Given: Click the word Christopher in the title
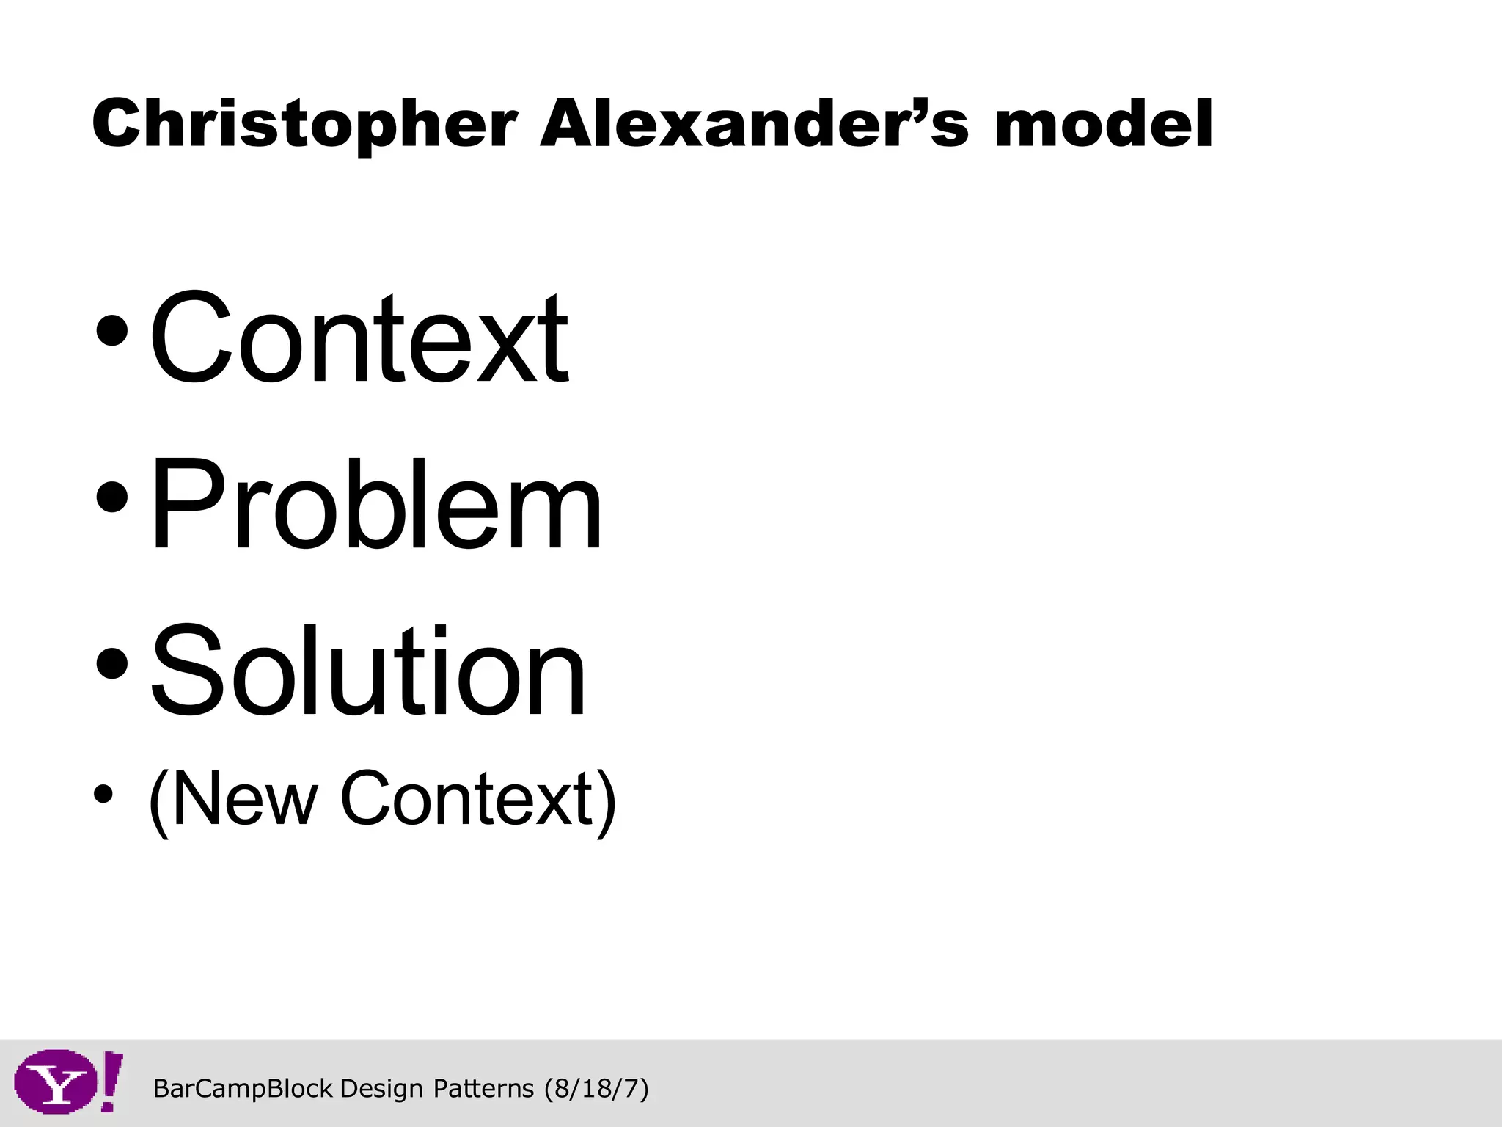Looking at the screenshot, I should [x=304, y=125].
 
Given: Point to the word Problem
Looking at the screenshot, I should [x=376, y=504].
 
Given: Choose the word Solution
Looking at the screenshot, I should [x=368, y=670].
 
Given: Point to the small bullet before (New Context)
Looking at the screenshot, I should [x=103, y=795].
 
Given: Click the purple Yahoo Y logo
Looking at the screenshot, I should [x=56, y=1082].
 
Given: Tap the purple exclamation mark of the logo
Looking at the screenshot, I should [x=110, y=1081].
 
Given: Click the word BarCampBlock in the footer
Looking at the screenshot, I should [x=243, y=1089].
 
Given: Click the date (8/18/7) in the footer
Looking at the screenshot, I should [x=596, y=1089].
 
